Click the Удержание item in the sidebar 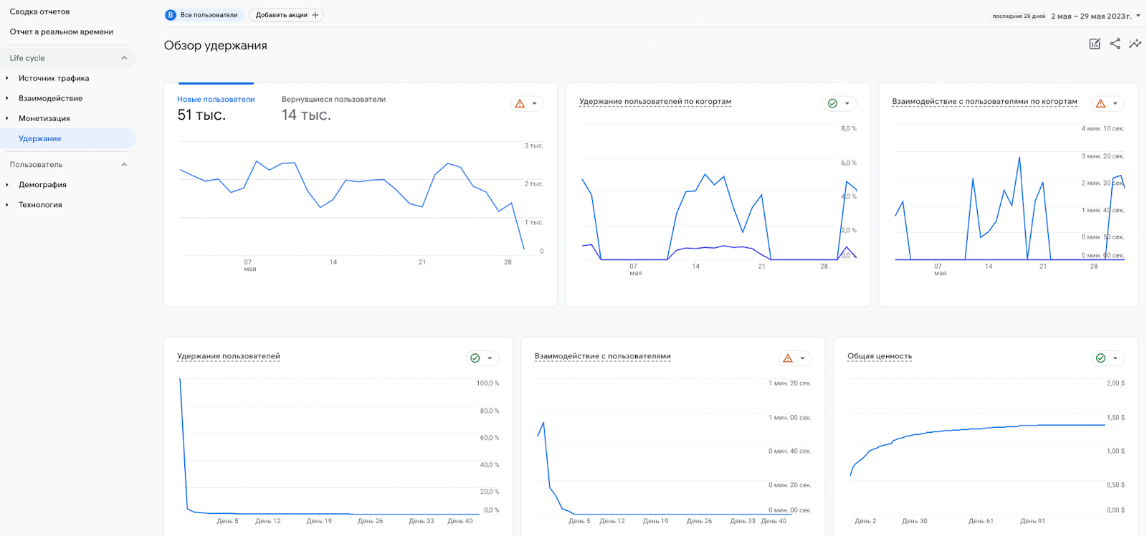coord(40,138)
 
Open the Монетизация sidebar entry coord(44,118)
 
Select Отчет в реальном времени coord(62,32)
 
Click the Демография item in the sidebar coord(42,184)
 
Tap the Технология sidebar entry coord(40,204)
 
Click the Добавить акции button coord(286,15)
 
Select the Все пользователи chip coord(202,15)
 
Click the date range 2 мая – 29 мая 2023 coord(1091,16)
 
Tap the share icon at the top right coord(1115,44)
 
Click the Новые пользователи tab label coord(216,100)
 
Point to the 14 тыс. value coord(306,115)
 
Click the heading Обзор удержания coord(215,45)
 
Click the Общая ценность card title coord(880,356)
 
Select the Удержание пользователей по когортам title coord(655,102)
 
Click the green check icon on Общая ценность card coord(1100,358)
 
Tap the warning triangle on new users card coord(520,104)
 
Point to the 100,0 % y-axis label coord(487,383)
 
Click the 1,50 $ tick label coord(1115,417)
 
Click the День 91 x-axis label coord(1032,521)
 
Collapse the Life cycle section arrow coord(124,58)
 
